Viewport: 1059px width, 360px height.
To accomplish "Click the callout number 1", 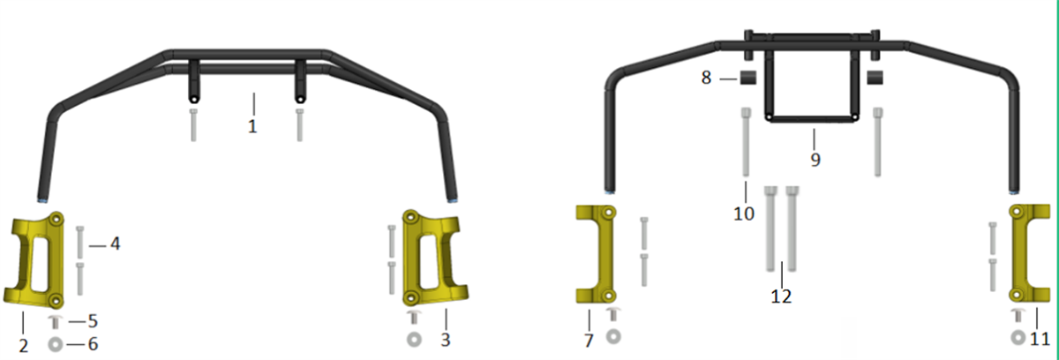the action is point(252,126).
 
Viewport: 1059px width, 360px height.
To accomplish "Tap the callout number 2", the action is point(23,346).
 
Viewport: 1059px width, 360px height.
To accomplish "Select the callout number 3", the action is point(446,340).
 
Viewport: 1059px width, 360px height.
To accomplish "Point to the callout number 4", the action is point(115,244).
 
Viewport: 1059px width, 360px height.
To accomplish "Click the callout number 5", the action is point(93,321).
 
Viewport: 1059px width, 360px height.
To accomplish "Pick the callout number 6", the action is point(94,344).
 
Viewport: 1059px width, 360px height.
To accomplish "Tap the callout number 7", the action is point(589,341).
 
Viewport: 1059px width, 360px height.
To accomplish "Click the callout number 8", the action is point(706,78).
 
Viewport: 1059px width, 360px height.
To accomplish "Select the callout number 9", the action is point(815,160).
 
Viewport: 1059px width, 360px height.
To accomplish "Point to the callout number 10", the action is point(744,214).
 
